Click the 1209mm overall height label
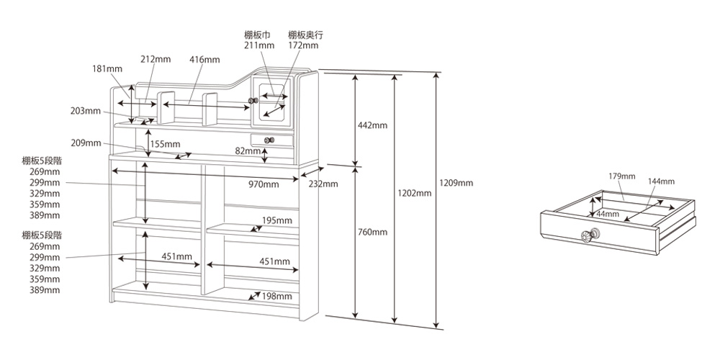[x=457, y=183]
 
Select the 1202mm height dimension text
[x=415, y=193]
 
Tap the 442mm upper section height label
[x=372, y=125]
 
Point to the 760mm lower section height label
[x=372, y=232]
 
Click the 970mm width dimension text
[x=263, y=184]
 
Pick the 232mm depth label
[x=323, y=184]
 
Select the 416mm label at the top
[x=204, y=59]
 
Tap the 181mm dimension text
[x=107, y=68]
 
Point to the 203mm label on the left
[x=86, y=110]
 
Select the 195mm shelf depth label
[x=276, y=220]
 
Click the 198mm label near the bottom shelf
[x=276, y=296]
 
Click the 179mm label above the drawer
[x=621, y=176]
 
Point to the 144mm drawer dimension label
[x=660, y=181]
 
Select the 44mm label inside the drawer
[x=607, y=214]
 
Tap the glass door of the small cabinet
[x=274, y=100]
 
